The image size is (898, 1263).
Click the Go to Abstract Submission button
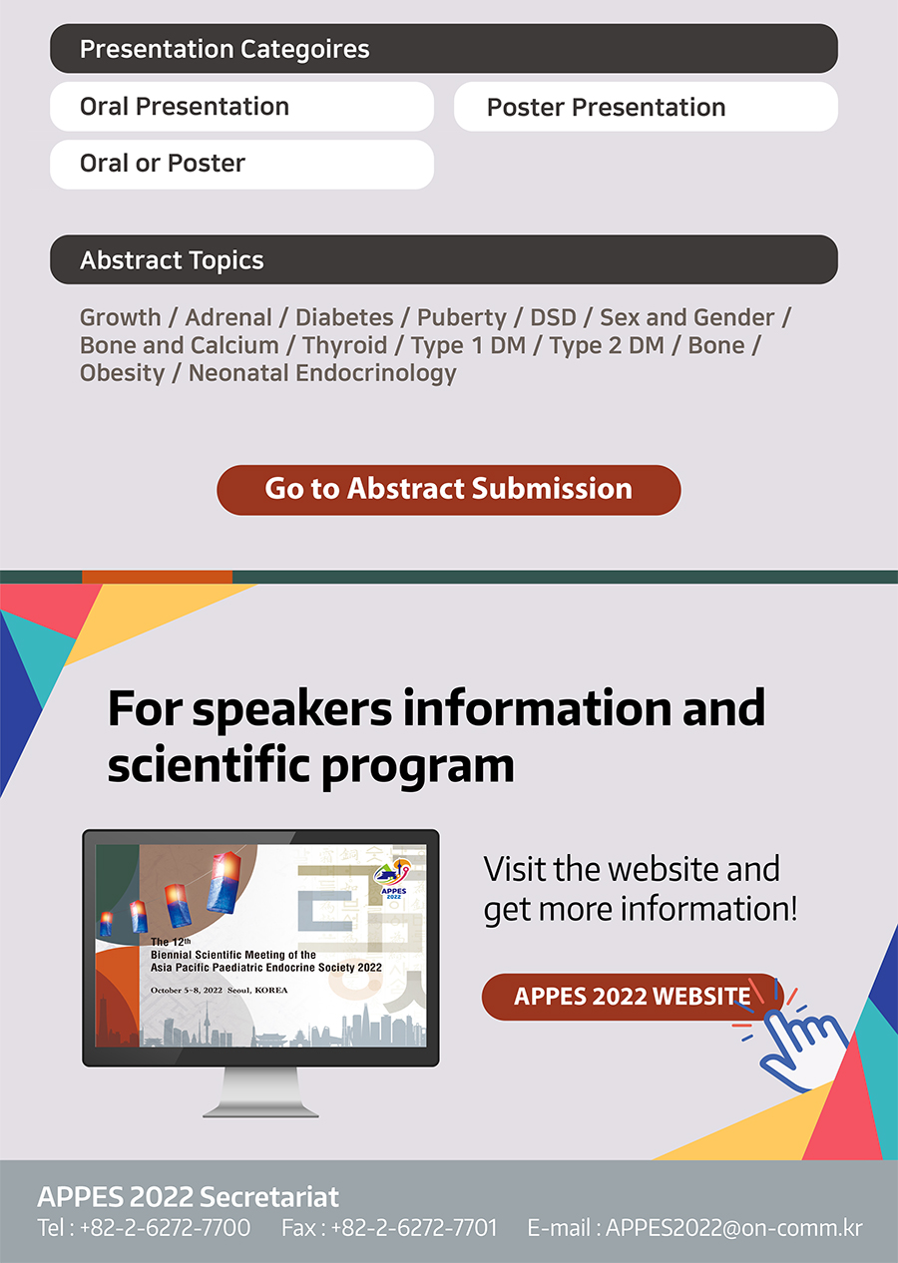coord(448,490)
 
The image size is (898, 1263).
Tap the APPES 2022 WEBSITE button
coord(632,997)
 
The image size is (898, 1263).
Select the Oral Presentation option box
coord(242,107)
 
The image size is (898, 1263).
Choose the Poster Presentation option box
coord(646,107)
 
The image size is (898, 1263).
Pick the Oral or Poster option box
coord(242,164)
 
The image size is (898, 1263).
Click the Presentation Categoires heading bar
coord(444,49)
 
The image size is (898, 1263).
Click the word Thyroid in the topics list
coord(344,345)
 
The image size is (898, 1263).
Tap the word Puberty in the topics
coord(461,318)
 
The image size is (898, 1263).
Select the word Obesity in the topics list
coord(122,373)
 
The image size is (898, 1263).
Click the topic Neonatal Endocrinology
coord(322,373)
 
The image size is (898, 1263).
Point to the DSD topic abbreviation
coord(553,317)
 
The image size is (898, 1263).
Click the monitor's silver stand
coord(260,1092)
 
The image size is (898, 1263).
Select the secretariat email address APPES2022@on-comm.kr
coord(733,1228)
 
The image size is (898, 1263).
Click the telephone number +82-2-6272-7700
coord(165,1228)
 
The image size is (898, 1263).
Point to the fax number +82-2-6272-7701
coord(414,1228)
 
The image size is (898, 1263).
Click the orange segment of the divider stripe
coord(157,577)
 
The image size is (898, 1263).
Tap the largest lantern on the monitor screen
coord(224,883)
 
